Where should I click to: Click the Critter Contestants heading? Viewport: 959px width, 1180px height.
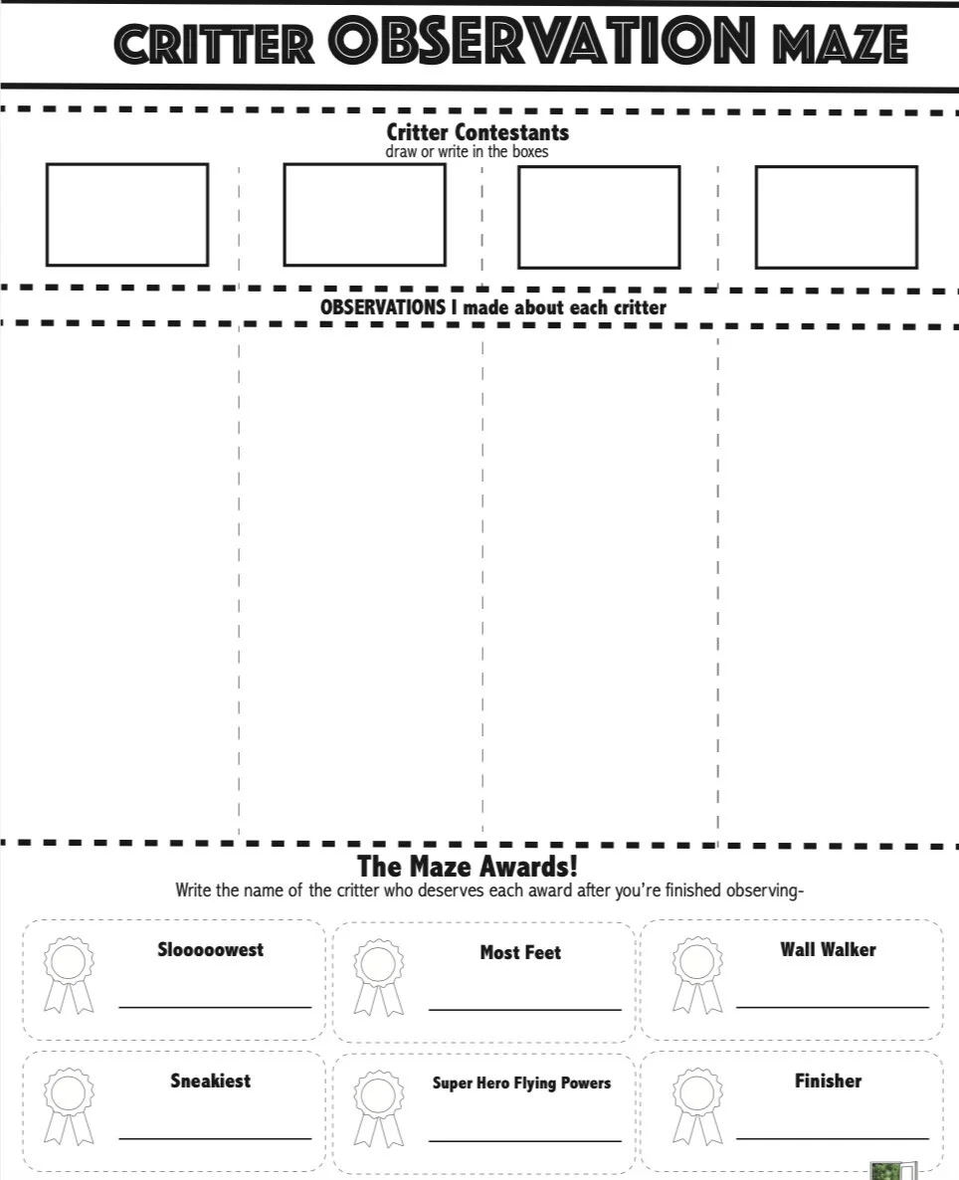coord(478,131)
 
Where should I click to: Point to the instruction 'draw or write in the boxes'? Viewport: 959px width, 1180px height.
coord(467,152)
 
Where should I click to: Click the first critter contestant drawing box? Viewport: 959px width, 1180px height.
coord(127,215)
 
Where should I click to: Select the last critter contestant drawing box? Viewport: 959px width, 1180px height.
coord(836,217)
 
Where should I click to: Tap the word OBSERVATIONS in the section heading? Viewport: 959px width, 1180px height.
coord(383,307)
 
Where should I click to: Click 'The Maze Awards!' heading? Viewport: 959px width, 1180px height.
coord(468,866)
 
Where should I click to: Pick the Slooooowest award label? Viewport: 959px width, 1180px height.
coord(211,949)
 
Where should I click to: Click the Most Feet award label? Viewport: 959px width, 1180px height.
coord(520,952)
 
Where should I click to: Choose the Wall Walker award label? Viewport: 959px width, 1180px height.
coord(828,949)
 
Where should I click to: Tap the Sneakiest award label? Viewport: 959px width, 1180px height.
coord(211,1081)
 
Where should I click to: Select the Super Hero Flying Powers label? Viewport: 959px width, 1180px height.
coord(521,1082)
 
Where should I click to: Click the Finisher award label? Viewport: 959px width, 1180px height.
coord(828,1081)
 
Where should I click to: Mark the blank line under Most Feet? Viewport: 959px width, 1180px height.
coord(525,1010)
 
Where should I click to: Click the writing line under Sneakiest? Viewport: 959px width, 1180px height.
coord(215,1138)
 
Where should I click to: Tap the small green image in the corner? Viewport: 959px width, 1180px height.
coord(885,1170)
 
